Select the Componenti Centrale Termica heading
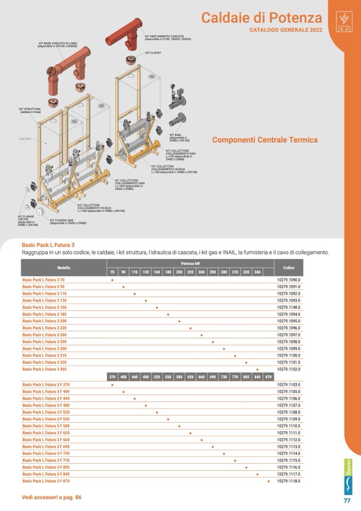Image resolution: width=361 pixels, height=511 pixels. (265, 140)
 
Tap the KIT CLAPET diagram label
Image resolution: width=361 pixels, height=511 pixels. (153, 53)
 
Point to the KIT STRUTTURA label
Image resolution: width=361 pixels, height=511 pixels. (30, 110)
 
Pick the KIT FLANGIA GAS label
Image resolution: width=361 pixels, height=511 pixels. (68, 221)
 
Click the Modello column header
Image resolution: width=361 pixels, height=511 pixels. (63, 267)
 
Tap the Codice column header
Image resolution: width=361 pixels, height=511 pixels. (289, 267)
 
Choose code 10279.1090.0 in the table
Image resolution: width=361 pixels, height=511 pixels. (289, 280)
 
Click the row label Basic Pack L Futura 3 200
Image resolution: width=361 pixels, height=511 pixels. (44, 321)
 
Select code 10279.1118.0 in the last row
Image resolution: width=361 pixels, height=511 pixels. (289, 481)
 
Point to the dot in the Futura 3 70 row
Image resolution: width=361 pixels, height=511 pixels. (112, 280)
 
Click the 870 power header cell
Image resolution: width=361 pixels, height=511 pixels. (268, 377)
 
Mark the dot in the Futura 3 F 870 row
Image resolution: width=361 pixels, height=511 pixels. (268, 481)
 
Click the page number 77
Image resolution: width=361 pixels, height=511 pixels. (347, 501)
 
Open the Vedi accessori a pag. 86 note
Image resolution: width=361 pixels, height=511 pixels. (52, 497)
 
